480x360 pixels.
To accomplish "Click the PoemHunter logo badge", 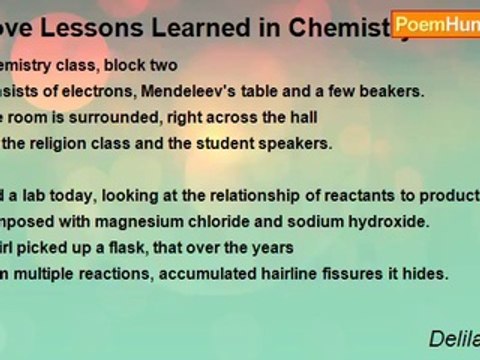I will coord(437,25).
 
